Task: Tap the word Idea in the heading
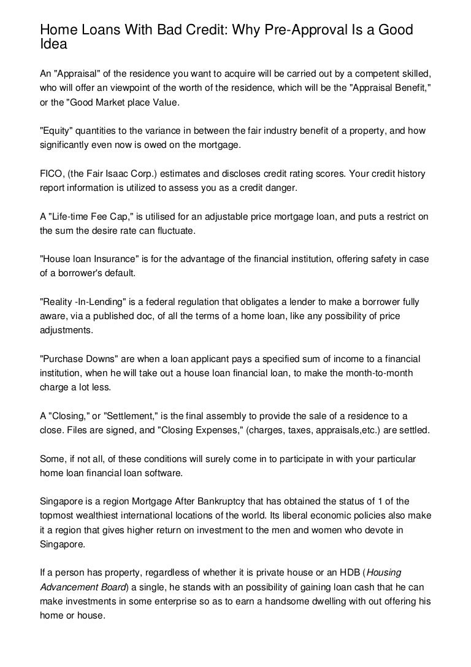(x=52, y=44)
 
